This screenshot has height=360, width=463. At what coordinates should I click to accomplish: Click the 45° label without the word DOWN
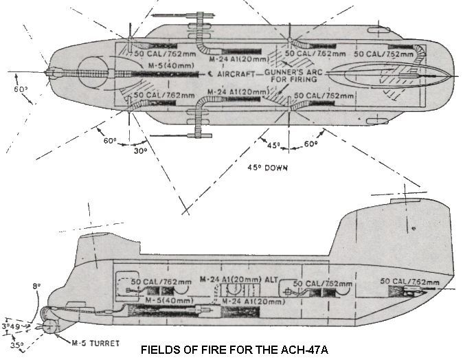274,146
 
